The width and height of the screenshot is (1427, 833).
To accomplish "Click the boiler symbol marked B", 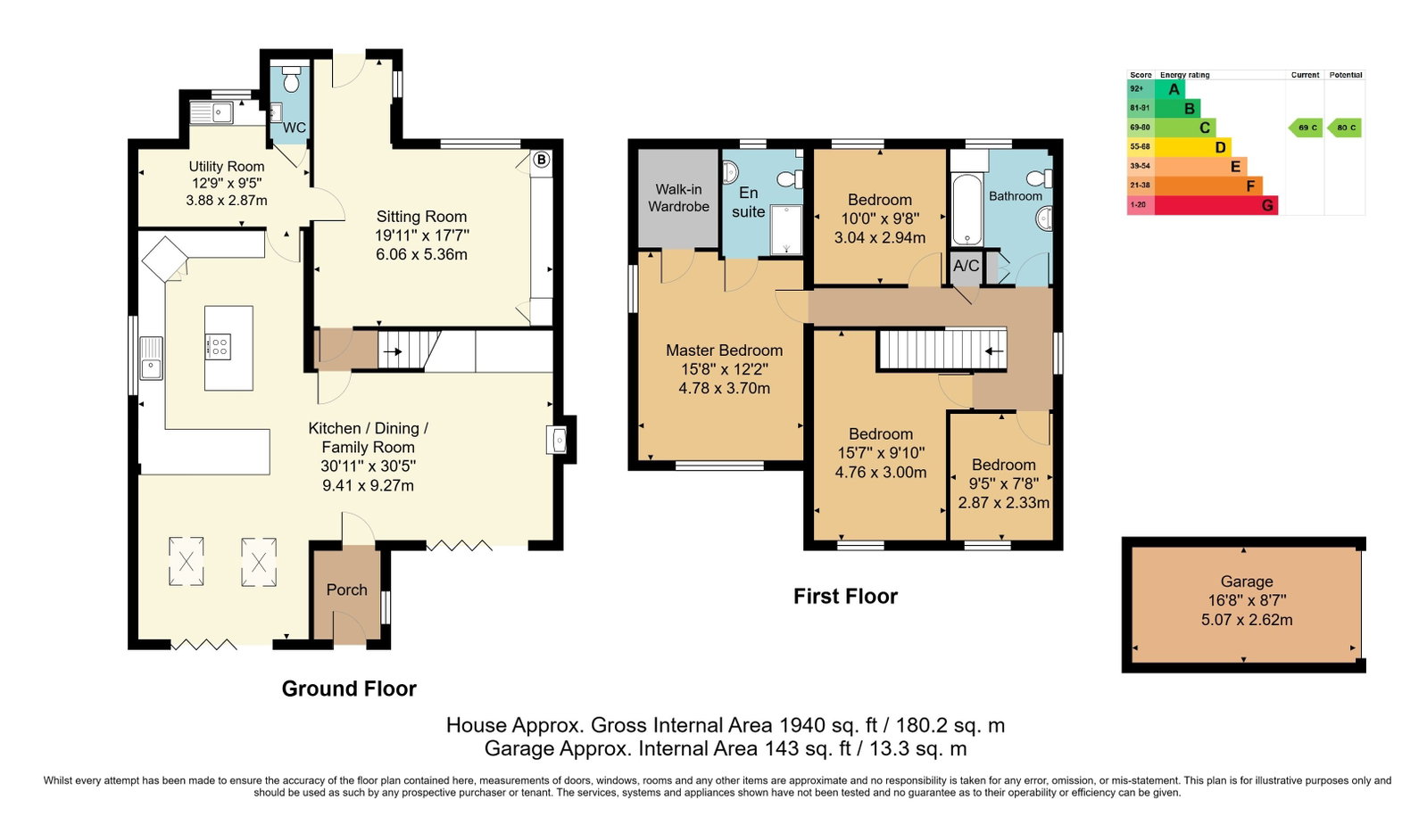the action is point(541,160).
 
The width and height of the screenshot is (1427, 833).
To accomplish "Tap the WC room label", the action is point(294,128).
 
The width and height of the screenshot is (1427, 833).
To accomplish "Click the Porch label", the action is point(346,590).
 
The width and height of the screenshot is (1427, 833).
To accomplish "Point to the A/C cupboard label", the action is point(966,266).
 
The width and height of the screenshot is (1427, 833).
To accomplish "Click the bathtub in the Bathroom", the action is point(967,210).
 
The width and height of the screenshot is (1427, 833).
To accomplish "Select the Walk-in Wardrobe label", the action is point(678,197).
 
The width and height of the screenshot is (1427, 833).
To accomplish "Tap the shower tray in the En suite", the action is point(786,229).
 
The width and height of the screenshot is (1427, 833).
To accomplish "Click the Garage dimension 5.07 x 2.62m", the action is point(1247,620).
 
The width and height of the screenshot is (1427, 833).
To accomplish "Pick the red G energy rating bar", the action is point(1216,205).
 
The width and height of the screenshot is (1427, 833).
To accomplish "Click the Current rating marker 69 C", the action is point(1306,128).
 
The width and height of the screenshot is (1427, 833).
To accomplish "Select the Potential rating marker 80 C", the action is point(1345,128).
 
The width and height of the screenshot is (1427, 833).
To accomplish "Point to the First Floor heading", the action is point(845,596).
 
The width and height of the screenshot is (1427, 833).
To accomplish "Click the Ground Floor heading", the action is point(349,689).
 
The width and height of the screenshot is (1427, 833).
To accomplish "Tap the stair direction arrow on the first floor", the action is point(994,351).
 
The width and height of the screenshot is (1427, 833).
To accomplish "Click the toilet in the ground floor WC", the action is point(292,79).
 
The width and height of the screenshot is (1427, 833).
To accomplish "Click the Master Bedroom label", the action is point(725,351).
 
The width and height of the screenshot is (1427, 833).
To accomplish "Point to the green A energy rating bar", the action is point(1170,89).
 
